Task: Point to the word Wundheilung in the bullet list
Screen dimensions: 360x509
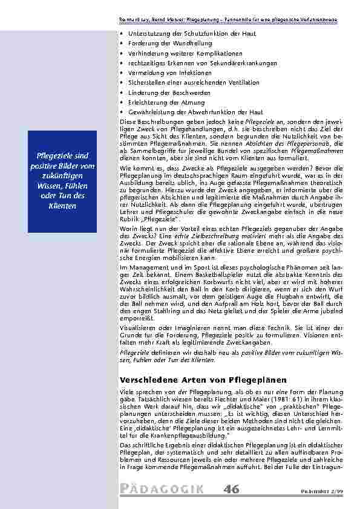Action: pyautogui.click(x=181, y=44)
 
